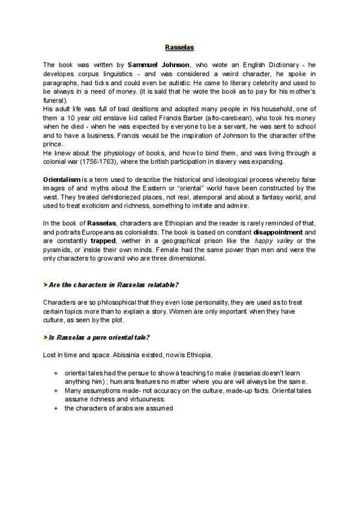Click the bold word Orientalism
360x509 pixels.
pos(63,180)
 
